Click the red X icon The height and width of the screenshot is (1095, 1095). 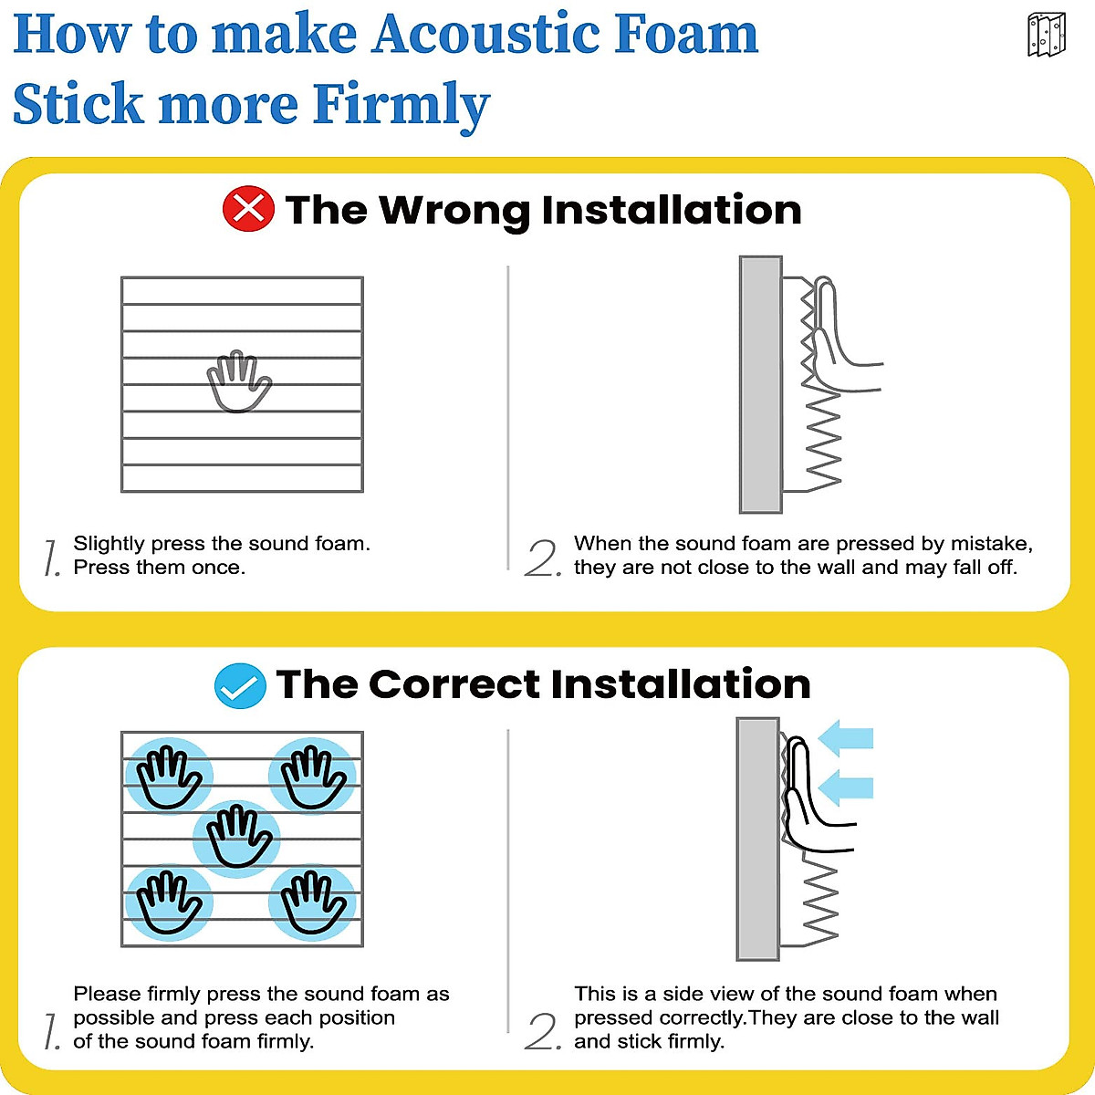pos(248,209)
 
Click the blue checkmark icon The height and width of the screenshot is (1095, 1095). pos(240,685)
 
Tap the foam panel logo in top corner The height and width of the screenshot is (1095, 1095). pos(1046,36)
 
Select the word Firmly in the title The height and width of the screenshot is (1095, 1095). pos(401,105)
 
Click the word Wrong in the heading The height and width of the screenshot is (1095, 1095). pos(454,211)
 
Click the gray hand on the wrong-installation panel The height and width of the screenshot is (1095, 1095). pos(239,381)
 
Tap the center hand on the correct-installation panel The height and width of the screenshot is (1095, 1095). pos(238,837)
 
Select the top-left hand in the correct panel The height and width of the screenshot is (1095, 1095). pos(168,777)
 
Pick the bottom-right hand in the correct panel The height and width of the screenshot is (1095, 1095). pos(312,902)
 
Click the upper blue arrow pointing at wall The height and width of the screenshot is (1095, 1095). pos(846,738)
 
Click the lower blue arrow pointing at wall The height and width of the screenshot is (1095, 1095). pos(846,787)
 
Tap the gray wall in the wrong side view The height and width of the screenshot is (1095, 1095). pos(760,384)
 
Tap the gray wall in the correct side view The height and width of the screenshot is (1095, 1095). pos(757,839)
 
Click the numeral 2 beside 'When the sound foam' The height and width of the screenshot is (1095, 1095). pos(543,558)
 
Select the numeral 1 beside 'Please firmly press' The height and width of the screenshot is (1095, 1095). pos(52,1031)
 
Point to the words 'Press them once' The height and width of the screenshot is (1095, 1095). pos(159,568)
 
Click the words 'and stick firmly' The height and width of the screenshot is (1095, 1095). pos(649,1041)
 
